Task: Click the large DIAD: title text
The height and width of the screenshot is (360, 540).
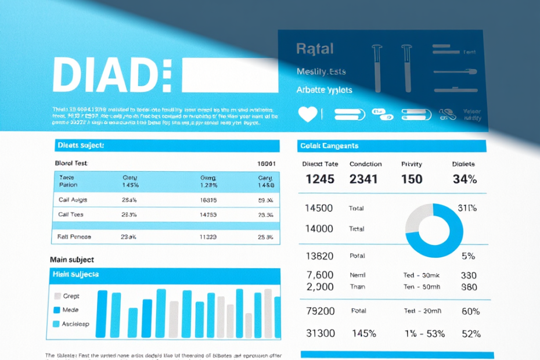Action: point(112,75)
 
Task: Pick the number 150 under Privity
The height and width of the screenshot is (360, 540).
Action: point(412,179)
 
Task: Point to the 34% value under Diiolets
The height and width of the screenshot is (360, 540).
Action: point(465,179)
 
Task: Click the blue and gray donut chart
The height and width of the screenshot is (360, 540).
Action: point(434,230)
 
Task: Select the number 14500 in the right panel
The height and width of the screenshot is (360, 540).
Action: point(319,208)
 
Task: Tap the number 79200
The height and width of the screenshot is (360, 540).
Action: point(320,311)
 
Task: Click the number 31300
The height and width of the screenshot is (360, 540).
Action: point(320,333)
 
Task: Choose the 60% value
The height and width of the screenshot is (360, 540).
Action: point(470,311)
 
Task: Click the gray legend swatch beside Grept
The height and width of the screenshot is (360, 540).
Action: point(57,296)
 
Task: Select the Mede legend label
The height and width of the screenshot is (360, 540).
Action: point(70,310)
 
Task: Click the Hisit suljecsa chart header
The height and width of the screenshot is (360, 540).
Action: point(76,274)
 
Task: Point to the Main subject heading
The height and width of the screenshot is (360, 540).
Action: point(72,260)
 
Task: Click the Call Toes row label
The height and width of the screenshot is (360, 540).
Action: point(71,214)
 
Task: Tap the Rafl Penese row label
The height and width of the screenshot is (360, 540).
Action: point(74,237)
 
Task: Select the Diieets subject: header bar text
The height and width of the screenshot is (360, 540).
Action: point(80,145)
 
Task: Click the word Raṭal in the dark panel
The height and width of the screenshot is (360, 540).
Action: point(315,49)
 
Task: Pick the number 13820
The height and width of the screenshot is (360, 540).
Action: point(319,256)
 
